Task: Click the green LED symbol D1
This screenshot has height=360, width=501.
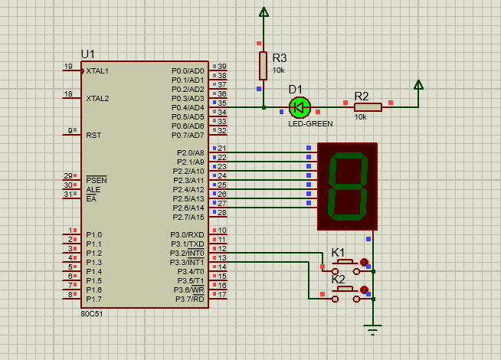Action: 300,107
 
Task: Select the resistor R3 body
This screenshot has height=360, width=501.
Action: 263,65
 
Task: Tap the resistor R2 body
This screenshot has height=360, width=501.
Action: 368,107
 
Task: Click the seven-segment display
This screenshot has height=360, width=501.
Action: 347,187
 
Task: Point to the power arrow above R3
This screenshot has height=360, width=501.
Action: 264,11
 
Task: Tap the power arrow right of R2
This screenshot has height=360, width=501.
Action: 418,85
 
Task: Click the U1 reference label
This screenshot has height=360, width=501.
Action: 88,54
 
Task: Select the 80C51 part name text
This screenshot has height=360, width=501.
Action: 92,314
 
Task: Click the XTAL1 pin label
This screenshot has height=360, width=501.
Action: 97,71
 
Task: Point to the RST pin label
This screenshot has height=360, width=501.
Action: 93,135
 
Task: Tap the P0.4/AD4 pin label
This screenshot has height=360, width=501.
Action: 188,108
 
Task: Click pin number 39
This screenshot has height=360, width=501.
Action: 222,66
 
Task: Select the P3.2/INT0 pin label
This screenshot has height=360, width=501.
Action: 187,254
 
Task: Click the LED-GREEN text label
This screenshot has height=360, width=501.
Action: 310,123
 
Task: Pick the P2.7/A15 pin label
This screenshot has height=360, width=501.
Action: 188,218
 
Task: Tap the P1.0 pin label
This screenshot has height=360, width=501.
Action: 94,235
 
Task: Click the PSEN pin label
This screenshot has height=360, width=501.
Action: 97,180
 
